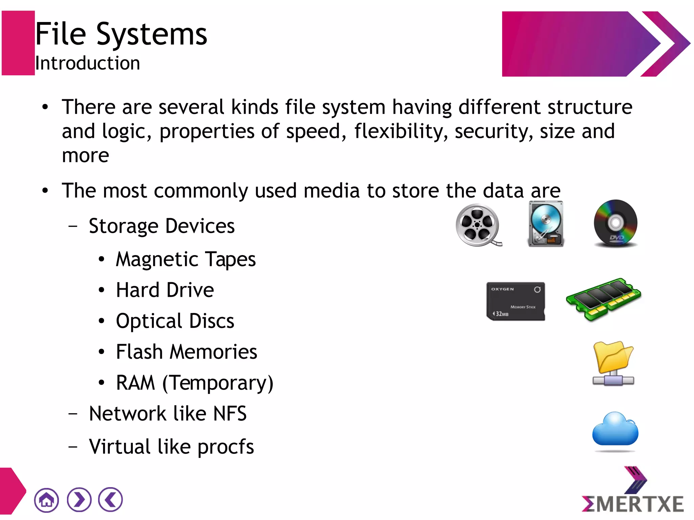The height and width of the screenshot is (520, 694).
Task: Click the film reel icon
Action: (478, 225)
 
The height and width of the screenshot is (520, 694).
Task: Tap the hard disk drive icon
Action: (546, 224)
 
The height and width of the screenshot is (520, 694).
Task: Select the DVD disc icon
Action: (615, 223)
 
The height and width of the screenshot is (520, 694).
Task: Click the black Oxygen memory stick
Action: (515, 301)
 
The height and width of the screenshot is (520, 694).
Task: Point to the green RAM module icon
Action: (603, 299)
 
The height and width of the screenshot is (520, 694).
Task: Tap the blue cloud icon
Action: (615, 429)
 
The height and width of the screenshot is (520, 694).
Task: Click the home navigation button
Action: (46, 500)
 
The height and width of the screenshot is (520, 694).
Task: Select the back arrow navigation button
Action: (110, 499)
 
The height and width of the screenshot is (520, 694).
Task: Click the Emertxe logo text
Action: (633, 504)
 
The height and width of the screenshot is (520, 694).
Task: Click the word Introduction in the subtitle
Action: (87, 63)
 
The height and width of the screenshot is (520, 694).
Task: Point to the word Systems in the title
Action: (151, 34)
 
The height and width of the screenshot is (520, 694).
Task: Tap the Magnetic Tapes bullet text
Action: (186, 259)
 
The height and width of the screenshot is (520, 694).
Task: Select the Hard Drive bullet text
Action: (165, 290)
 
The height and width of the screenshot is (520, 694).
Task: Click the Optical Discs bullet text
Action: (175, 321)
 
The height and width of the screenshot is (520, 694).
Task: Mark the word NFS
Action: (230, 414)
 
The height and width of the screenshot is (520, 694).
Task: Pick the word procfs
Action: (226, 447)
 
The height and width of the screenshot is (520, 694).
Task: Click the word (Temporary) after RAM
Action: (218, 383)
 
